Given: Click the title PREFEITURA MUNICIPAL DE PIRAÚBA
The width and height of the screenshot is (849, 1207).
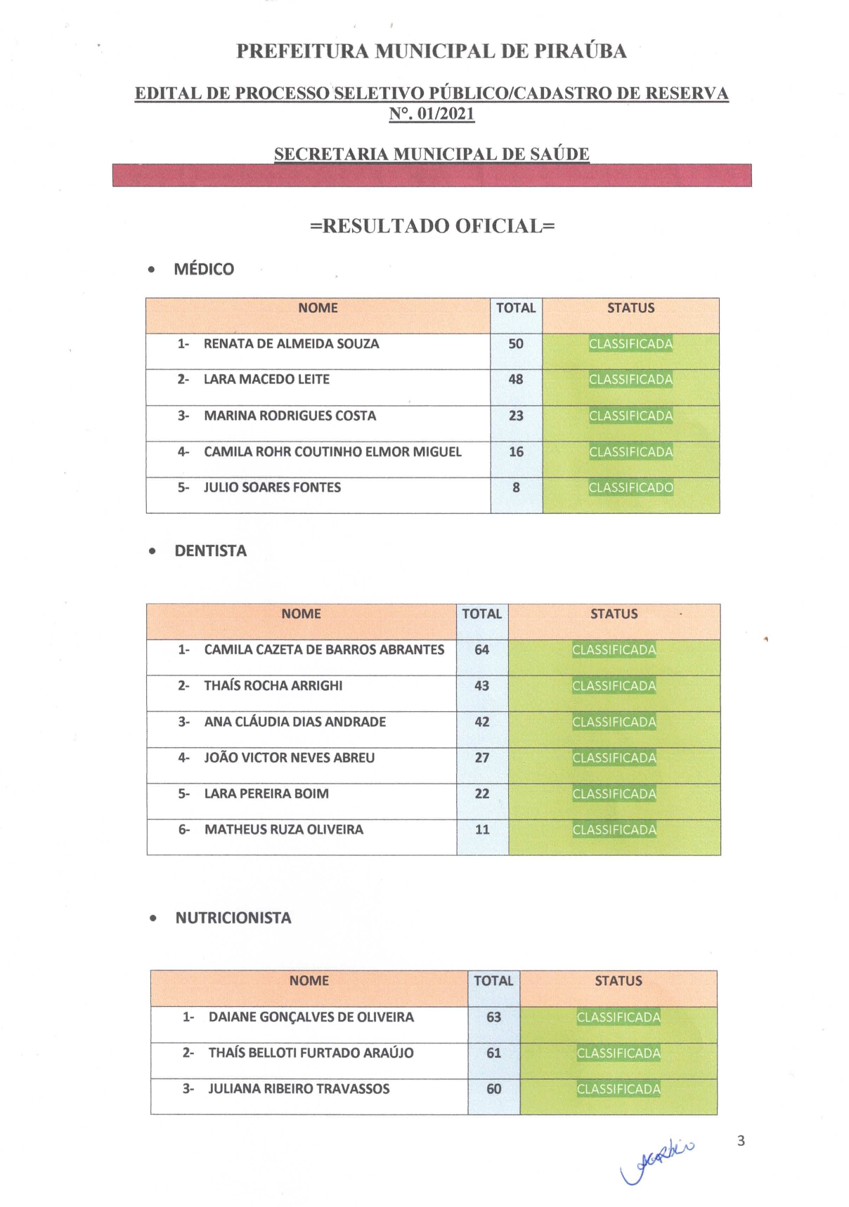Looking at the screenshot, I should point(431,51).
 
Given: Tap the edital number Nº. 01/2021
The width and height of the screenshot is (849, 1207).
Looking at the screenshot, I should point(432,114).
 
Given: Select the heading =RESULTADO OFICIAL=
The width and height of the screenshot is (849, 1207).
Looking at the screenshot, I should point(432,226).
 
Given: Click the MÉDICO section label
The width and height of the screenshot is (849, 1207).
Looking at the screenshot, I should point(204,269).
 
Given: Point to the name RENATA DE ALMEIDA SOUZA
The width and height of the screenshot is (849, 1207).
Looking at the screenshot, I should point(291,344).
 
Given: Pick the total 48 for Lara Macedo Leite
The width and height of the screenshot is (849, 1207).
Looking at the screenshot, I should point(516,379).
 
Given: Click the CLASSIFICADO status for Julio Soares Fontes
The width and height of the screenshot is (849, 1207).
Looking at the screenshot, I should point(630,488).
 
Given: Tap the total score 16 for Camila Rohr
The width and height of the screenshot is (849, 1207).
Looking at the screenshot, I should point(516,451).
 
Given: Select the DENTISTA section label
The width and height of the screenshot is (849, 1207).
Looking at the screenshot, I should point(210,551).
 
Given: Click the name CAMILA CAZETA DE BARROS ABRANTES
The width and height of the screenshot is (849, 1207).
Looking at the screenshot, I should point(324,650).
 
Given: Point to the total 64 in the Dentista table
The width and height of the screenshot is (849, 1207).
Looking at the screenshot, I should point(481,650).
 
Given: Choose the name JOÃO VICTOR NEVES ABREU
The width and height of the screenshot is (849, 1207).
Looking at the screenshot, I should point(289,758).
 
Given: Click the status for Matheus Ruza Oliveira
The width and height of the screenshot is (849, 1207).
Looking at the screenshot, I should point(614,830).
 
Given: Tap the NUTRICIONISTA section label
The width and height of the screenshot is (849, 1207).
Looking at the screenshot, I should point(233,918).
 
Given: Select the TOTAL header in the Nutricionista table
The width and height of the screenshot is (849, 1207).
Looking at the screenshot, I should point(493,981).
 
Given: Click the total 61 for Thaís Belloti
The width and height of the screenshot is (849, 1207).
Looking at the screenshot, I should point(493,1053).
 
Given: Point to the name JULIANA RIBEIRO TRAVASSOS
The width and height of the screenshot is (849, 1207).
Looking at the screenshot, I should point(299,1089).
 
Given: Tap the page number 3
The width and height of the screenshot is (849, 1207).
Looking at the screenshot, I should point(741,1140).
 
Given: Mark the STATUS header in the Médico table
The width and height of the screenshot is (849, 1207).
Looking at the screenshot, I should point(630,308).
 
